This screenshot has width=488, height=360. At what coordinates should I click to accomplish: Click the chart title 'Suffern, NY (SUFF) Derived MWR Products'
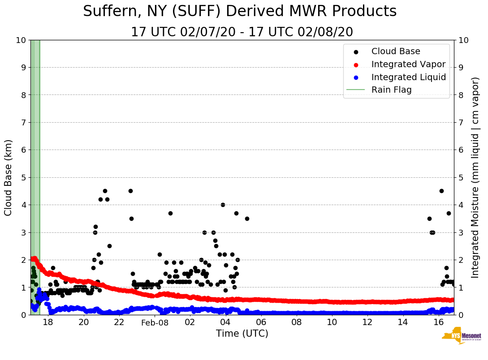click(x=240, y=11)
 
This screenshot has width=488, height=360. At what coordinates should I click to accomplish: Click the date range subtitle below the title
click(x=242, y=32)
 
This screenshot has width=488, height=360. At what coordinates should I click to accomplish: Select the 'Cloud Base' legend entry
click(x=396, y=51)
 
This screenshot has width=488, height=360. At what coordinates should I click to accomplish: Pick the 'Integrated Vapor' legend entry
click(x=408, y=64)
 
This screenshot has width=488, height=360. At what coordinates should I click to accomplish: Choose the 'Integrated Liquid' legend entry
click(x=408, y=77)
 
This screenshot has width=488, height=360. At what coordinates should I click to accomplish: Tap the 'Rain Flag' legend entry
click(x=391, y=90)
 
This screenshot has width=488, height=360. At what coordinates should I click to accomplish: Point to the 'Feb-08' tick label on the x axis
click(x=155, y=322)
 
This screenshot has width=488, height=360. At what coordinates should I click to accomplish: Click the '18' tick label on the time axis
click(x=48, y=322)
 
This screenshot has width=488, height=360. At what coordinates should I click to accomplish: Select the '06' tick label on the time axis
click(x=261, y=322)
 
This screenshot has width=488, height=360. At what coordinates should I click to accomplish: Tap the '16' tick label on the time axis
click(x=438, y=322)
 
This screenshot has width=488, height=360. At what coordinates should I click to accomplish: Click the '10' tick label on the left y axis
click(x=21, y=40)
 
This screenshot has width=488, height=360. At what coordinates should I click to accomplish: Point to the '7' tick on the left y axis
click(x=23, y=123)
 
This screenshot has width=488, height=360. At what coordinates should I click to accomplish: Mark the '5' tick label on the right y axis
click(x=461, y=177)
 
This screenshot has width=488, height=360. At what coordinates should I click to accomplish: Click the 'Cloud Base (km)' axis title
click(x=9, y=177)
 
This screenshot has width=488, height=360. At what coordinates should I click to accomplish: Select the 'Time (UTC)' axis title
click(x=242, y=334)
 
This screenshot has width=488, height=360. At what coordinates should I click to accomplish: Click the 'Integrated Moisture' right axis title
click(x=475, y=177)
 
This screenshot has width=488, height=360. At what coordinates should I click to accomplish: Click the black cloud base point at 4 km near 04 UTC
click(x=223, y=205)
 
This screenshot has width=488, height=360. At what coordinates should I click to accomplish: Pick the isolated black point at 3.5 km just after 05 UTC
click(x=247, y=219)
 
